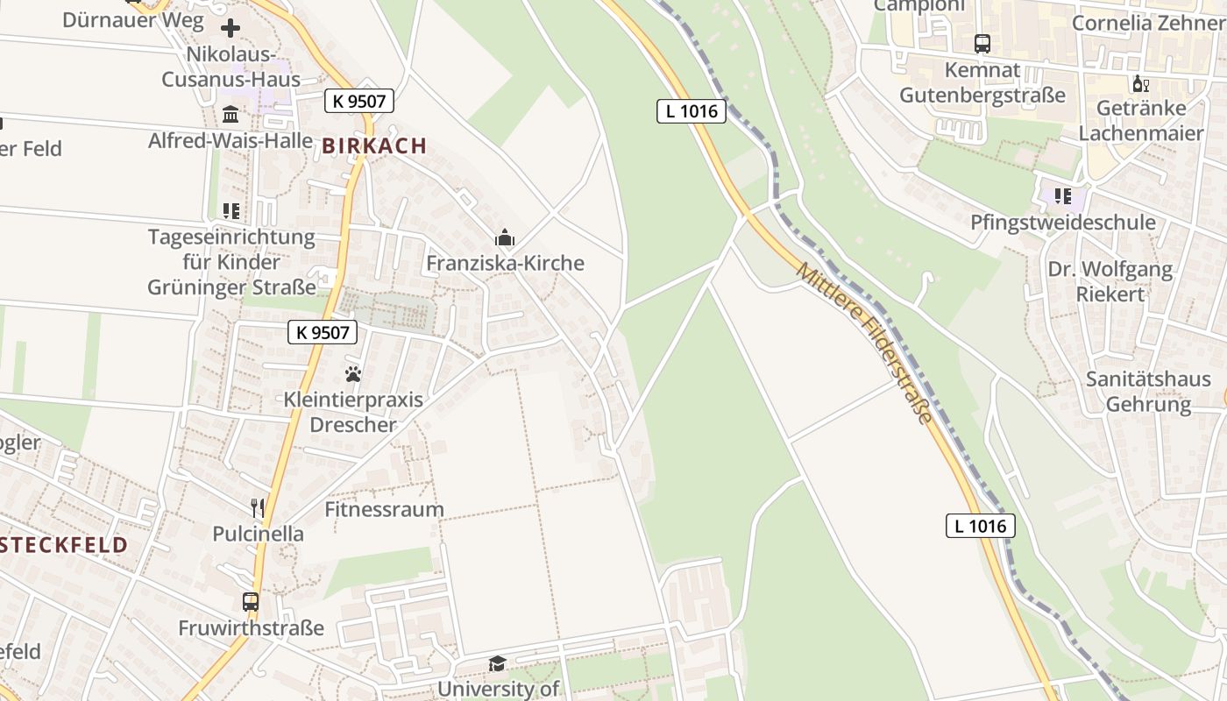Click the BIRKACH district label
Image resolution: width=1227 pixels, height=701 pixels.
(x=374, y=146)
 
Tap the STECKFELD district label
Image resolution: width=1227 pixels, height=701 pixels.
(x=64, y=545)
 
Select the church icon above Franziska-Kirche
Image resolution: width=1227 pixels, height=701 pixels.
(x=504, y=237)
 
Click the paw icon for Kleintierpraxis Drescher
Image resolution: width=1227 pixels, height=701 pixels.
(x=353, y=374)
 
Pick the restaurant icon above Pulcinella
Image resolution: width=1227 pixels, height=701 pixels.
(x=258, y=508)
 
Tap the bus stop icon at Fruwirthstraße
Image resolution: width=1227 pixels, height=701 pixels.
(x=251, y=602)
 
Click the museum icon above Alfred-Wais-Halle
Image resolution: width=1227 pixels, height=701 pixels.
(x=231, y=114)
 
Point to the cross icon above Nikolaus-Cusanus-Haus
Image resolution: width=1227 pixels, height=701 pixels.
(x=231, y=28)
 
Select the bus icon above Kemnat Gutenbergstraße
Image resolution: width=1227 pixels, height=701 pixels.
(x=982, y=44)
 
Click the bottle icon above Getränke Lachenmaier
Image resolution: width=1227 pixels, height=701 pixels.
(x=1140, y=84)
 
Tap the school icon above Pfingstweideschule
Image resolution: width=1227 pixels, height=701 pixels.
(x=1063, y=196)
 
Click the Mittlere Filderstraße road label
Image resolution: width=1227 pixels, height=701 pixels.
(x=864, y=343)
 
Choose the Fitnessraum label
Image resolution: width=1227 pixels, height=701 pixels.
(x=384, y=509)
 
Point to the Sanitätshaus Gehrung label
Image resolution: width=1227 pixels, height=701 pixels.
(x=1148, y=392)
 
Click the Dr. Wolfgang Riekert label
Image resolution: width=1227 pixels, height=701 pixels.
(x=1110, y=281)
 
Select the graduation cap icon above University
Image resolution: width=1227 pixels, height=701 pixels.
(x=498, y=663)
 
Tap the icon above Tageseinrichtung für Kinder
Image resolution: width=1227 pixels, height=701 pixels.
(x=231, y=211)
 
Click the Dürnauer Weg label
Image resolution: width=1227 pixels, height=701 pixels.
(x=133, y=19)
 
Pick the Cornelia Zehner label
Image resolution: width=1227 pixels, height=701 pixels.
(x=1148, y=23)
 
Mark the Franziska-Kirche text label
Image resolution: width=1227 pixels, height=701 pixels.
(x=505, y=263)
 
